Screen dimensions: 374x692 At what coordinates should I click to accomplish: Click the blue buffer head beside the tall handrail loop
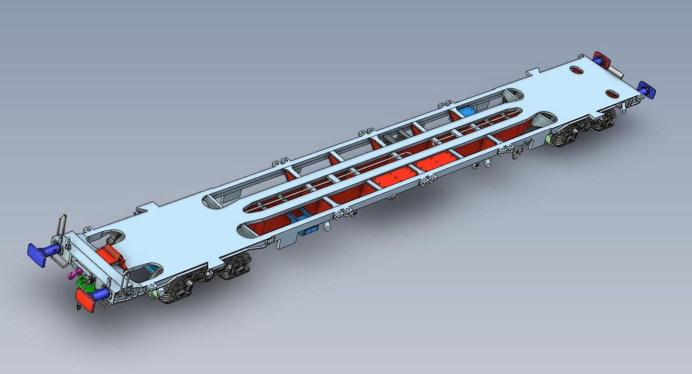tap(35, 251)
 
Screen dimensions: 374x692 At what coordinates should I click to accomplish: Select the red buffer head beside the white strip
tap(600, 57)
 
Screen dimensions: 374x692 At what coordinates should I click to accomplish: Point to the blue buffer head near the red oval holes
tap(648, 89)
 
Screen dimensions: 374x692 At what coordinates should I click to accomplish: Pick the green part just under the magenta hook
tap(85, 283)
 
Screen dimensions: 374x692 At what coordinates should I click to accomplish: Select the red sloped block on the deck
tap(111, 255)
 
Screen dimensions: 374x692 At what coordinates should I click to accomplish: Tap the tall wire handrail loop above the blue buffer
tap(62, 223)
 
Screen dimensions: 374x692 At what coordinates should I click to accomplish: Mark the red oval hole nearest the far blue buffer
tap(611, 93)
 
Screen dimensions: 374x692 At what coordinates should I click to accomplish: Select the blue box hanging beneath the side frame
tap(310, 229)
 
